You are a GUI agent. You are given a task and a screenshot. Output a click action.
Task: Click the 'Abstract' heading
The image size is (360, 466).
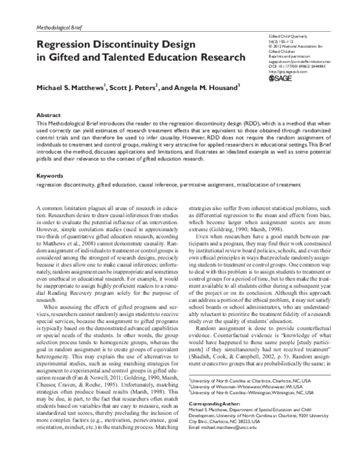(x=49, y=114)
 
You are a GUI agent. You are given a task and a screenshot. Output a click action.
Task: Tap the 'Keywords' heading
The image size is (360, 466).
(x=50, y=177)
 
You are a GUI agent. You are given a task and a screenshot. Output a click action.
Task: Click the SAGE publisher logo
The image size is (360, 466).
(x=283, y=77)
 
